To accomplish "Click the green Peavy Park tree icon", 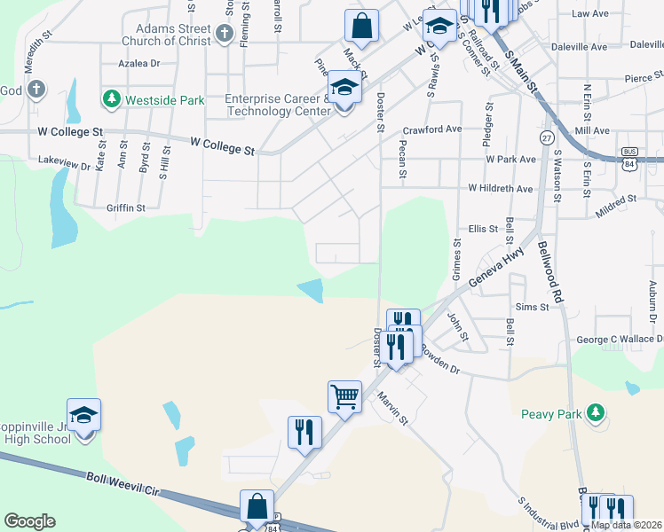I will point(597,411).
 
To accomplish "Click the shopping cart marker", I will point(344,396).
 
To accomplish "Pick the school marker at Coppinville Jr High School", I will point(83,415).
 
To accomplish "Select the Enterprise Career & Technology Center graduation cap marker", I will point(344,89).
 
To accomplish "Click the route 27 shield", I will point(547,138).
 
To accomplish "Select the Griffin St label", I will point(125,207).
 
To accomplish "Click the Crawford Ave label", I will point(432,129).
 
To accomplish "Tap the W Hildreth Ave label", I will point(501,189).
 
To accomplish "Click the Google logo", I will point(29,521).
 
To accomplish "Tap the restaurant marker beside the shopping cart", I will point(304,433).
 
